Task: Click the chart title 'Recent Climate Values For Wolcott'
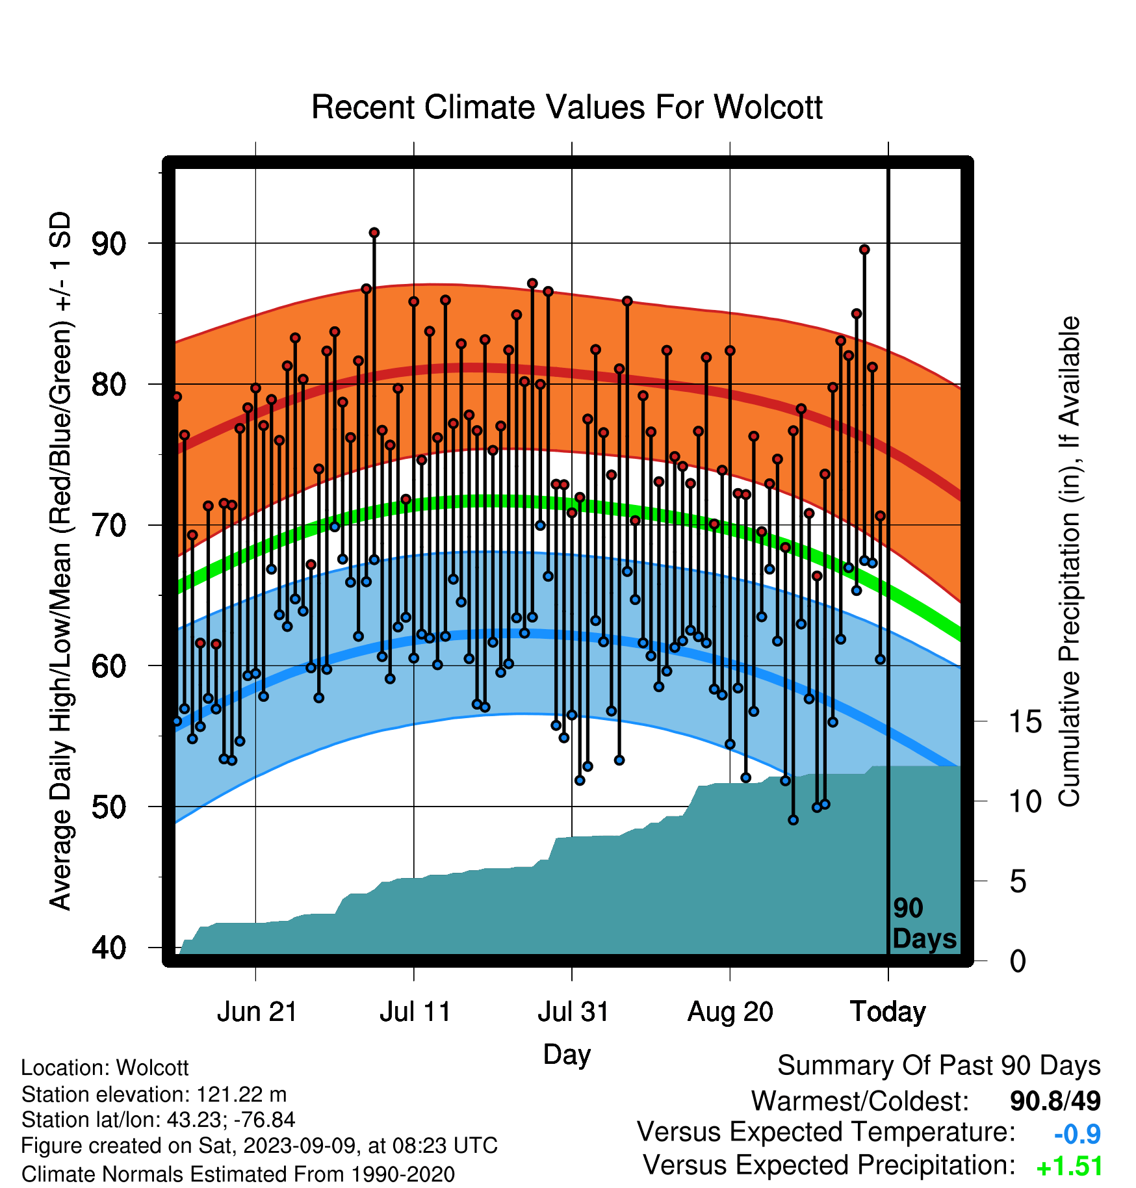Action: tap(567, 107)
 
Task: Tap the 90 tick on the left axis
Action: tap(109, 244)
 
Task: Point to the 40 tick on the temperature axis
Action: tap(109, 948)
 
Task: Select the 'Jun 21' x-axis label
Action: tap(257, 1012)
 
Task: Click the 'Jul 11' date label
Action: tap(415, 1012)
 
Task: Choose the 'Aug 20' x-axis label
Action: tap(730, 1012)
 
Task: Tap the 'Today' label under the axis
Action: tap(888, 1012)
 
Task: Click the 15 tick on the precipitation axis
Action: tap(1026, 722)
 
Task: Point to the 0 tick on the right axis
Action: tap(1018, 961)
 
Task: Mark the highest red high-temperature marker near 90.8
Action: tap(374, 233)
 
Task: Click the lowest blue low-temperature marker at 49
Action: tap(793, 820)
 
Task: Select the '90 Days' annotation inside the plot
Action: tap(924, 923)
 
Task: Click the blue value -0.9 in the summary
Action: tap(1077, 1135)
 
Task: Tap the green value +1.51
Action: tap(1069, 1167)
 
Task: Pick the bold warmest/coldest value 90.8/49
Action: tap(1055, 1101)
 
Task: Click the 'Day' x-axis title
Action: tap(567, 1054)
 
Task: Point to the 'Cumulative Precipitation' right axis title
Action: tap(1070, 562)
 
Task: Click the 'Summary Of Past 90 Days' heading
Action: tap(939, 1066)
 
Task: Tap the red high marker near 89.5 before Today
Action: tap(864, 250)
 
